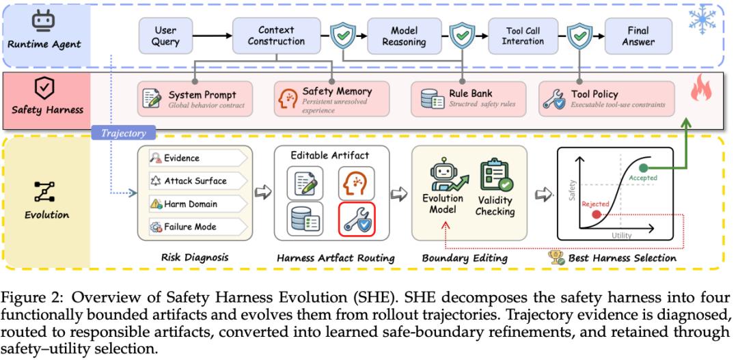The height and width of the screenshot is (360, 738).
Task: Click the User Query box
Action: coord(165,36)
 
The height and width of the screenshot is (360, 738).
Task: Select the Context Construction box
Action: coord(276,36)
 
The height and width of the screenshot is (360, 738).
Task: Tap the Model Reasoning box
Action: coord(405,36)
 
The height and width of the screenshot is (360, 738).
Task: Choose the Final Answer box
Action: coord(638,36)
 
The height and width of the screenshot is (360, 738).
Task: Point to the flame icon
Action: coord(701,88)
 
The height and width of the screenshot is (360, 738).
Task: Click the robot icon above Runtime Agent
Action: coord(44,21)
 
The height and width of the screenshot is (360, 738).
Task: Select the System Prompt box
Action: coord(195,99)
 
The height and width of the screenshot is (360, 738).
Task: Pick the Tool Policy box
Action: coord(606,99)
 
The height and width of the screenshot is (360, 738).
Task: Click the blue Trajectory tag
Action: coord(124,133)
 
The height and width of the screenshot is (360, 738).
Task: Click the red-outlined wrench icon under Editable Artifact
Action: coord(357,219)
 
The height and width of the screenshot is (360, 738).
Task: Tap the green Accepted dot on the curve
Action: coord(644,168)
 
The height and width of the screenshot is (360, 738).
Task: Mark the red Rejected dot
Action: coord(597,214)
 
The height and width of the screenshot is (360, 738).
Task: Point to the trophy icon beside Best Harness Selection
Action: coord(556,257)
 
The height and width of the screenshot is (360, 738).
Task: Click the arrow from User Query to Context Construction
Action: coord(213,36)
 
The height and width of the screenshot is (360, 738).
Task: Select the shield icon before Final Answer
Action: coord(580,36)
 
